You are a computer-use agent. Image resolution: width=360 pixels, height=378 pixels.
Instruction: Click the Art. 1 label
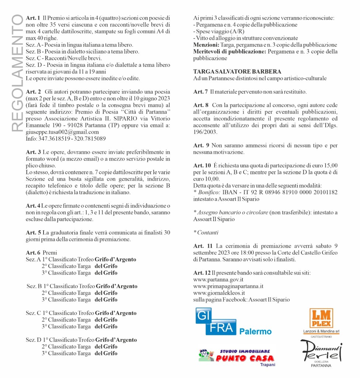(33, 18)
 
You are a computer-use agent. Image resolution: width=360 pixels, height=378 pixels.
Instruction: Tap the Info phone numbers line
(66, 139)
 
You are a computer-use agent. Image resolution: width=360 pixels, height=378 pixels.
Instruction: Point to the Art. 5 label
(33, 233)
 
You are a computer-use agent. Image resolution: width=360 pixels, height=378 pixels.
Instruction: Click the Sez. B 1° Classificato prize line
(82, 286)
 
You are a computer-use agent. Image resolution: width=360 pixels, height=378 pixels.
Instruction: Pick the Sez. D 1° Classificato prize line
(81, 340)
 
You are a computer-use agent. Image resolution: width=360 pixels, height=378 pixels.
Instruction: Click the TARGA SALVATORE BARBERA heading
(237, 72)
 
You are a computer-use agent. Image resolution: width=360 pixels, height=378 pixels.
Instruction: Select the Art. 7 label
(201, 92)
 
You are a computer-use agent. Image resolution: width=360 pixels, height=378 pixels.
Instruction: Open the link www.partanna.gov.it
(218, 279)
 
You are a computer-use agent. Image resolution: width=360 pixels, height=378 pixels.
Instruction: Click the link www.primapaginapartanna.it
(228, 286)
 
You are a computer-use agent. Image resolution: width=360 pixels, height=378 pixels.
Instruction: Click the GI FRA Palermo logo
(233, 323)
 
